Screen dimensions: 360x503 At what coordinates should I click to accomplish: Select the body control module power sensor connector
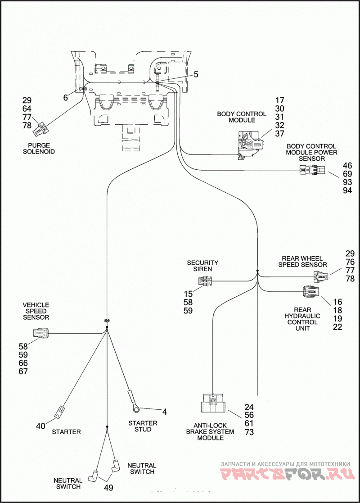point(311,170)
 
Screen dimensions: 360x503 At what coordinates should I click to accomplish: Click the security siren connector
point(206,281)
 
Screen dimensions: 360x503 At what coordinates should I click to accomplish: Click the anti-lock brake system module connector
point(212,403)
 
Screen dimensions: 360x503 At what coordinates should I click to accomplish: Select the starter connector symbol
point(60,412)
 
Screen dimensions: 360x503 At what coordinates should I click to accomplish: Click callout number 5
point(196,75)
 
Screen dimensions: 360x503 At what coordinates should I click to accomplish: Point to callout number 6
point(65,97)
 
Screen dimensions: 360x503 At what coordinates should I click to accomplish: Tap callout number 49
point(108,488)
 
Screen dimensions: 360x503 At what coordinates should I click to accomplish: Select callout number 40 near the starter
point(40,426)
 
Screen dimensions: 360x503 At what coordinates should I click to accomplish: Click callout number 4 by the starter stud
point(164,412)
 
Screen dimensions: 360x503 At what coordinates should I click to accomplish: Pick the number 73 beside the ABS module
point(249,432)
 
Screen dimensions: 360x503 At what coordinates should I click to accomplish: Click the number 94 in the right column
point(347,190)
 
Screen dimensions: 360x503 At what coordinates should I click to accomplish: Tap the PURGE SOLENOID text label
point(39,148)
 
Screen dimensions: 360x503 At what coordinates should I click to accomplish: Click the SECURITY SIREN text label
point(202,266)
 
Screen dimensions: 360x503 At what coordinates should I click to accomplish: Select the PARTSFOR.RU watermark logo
point(287,473)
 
